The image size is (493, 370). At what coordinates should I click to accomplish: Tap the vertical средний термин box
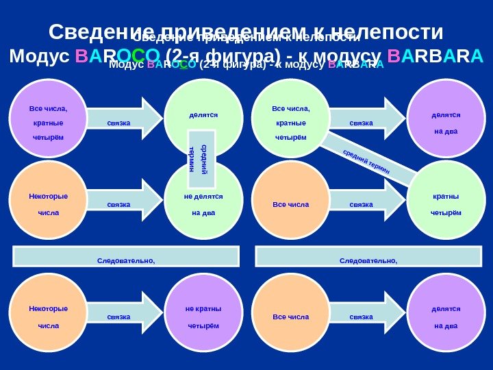[202, 159]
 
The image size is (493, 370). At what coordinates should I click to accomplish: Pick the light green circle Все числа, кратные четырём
[291, 120]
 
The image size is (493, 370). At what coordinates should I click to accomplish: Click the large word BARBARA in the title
[435, 56]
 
